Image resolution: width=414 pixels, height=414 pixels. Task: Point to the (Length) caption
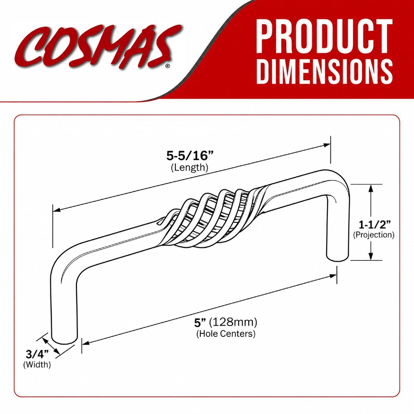click(189, 168)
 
